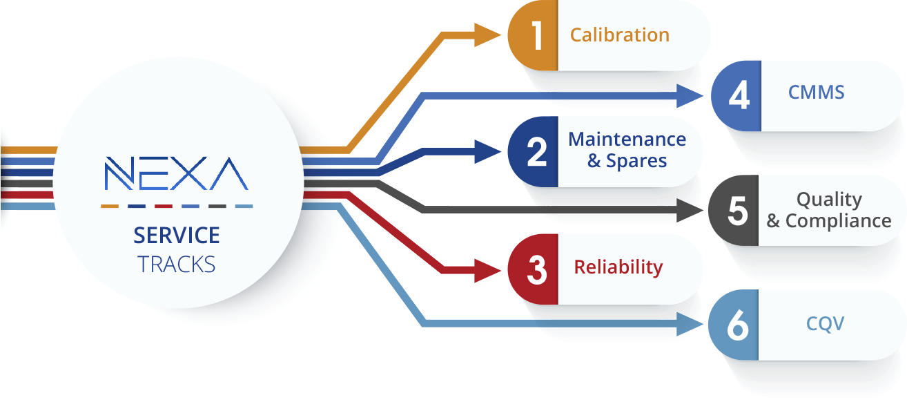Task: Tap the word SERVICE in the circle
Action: point(177,236)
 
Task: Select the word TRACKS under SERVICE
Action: point(176,264)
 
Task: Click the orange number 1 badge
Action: point(533,36)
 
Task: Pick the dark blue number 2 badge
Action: point(533,152)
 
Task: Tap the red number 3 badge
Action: point(533,269)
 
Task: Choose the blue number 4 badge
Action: point(736,95)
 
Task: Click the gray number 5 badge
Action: point(734,211)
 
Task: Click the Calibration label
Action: point(619,35)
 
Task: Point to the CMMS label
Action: point(816,93)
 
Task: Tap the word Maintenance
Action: point(627,140)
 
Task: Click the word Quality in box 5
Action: point(829,200)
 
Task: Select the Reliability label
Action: point(618,267)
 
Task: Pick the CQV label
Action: point(825,323)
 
